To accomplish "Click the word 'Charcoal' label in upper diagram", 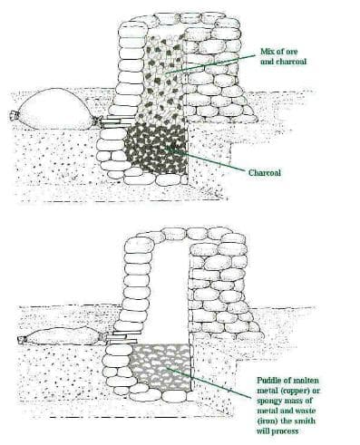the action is [x=265, y=173].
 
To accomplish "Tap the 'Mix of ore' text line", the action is [x=279, y=52].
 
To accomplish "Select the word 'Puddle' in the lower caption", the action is [x=268, y=381].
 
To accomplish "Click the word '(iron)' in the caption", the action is [x=267, y=421].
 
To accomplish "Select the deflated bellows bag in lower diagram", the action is [x=62, y=336].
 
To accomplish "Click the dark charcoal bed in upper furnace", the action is [x=155, y=150].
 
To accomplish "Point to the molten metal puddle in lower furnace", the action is [x=161, y=366].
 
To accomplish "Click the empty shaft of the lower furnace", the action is [x=170, y=290].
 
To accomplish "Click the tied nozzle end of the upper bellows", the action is [x=14, y=115].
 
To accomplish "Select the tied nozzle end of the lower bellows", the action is [x=22, y=340].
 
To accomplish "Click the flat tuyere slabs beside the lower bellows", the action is [x=123, y=337].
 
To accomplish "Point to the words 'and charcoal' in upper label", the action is [x=283, y=62].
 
